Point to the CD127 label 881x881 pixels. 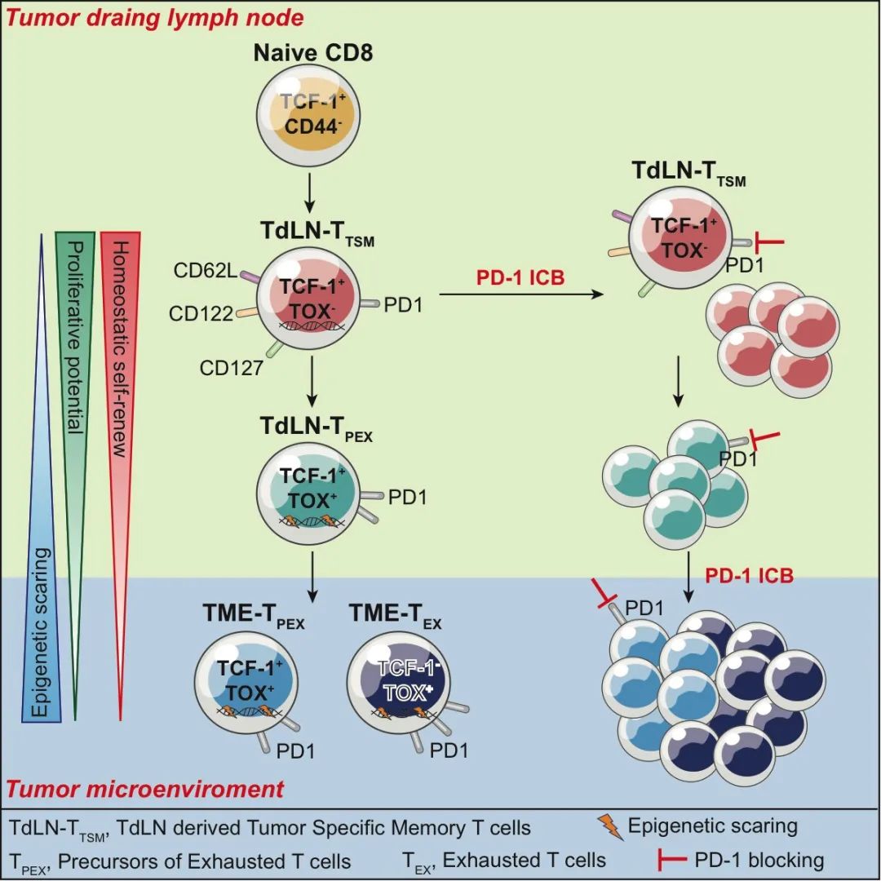click(x=232, y=368)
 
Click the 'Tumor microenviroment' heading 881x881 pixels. click(x=146, y=789)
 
